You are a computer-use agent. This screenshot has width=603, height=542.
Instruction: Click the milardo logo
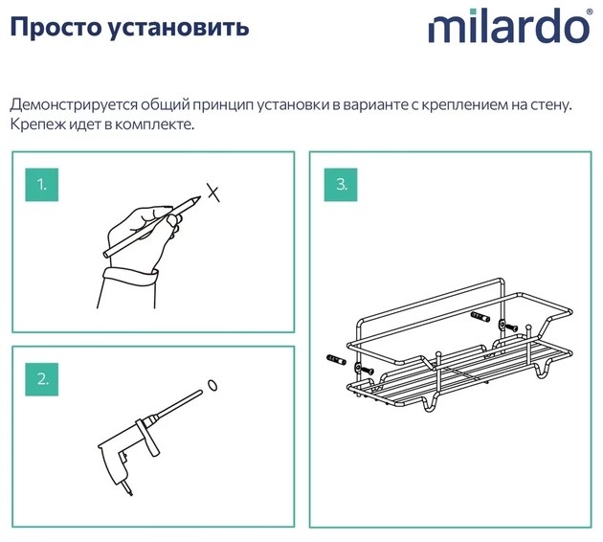coord(509,25)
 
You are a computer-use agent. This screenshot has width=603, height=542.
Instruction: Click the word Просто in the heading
coord(55,27)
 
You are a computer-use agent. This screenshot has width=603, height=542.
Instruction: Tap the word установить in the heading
coord(178,28)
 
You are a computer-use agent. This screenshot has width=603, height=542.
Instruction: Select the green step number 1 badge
coord(41,185)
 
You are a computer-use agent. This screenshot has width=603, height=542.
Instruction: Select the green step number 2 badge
coord(41,379)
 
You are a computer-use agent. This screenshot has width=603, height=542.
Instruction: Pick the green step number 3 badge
coord(341,185)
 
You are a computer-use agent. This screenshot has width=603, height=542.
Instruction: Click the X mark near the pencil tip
coord(213,192)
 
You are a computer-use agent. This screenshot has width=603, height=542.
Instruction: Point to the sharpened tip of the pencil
coord(200,197)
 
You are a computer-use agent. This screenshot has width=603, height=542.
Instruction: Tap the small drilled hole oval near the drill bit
coord(212,385)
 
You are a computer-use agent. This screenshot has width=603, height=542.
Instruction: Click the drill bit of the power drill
coord(180,403)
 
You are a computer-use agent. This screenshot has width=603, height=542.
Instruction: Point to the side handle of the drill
coord(148,438)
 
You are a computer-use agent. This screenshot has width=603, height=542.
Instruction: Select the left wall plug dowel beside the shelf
coord(336,360)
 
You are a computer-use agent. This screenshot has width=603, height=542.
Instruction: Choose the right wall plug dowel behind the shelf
coord(480,317)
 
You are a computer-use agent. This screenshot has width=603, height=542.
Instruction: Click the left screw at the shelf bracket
coord(367,371)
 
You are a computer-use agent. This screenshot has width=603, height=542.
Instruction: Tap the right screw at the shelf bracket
coord(511,327)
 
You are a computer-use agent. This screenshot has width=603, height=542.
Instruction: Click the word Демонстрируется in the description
coord(74,105)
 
